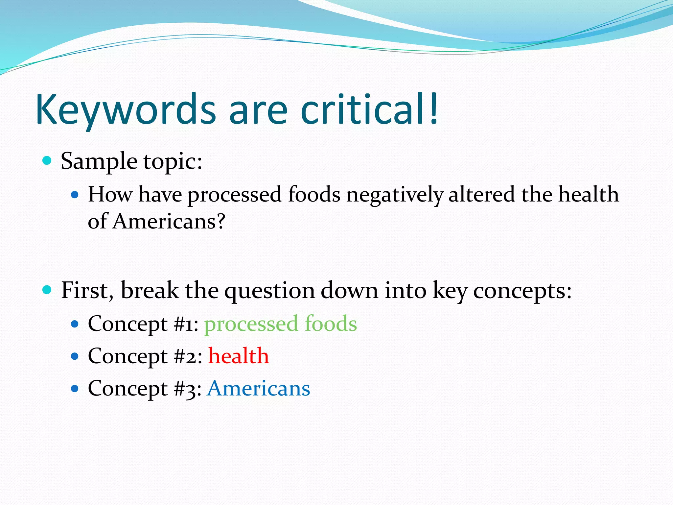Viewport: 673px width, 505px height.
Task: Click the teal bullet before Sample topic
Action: point(47,161)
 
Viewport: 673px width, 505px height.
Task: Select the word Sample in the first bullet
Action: point(99,162)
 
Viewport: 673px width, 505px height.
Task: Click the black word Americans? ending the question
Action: point(169,221)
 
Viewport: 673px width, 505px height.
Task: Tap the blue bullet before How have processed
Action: point(75,195)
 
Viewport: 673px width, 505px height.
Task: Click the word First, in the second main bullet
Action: point(87,290)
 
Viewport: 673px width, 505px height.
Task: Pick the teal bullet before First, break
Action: point(47,290)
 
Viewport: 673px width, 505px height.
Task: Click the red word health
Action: point(239,356)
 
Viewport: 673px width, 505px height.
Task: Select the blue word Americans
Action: point(258,388)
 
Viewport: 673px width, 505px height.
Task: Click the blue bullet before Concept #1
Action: point(75,324)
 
